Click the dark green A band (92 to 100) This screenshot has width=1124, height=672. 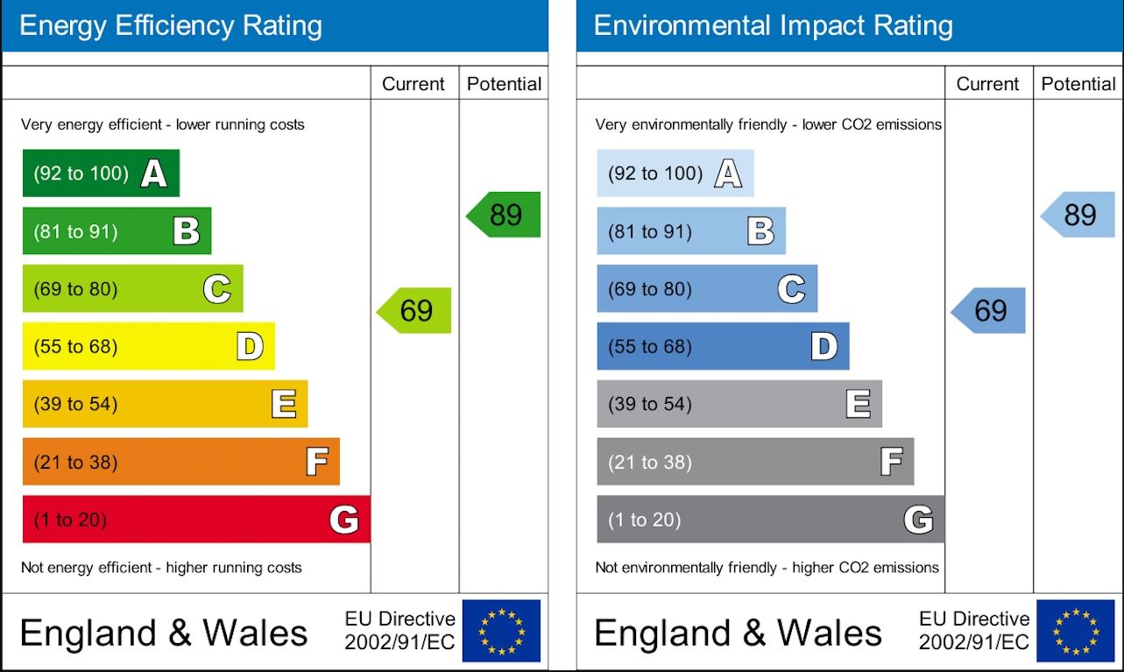(101, 173)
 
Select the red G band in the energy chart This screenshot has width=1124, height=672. (195, 520)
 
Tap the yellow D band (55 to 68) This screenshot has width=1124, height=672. (148, 346)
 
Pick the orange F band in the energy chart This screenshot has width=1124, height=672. (180, 462)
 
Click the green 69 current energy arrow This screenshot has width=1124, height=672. (415, 310)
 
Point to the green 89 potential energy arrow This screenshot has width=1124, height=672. (505, 215)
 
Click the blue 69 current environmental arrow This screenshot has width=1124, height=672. (990, 310)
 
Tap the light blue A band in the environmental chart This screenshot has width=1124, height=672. (675, 173)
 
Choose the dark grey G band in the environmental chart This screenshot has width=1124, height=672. (770, 520)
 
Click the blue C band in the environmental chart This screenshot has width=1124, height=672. (706, 289)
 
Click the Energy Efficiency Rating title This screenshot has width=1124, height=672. (171, 25)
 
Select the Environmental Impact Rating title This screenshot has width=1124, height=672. (773, 25)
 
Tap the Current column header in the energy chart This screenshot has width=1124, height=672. (414, 84)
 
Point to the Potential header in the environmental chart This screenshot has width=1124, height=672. (1078, 84)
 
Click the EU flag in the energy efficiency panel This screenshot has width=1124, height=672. (502, 631)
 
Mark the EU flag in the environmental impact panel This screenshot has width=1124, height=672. (1076, 631)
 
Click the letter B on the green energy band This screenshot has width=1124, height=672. (186, 231)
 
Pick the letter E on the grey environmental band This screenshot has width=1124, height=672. (858, 404)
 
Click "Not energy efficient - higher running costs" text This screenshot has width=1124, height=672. (161, 568)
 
